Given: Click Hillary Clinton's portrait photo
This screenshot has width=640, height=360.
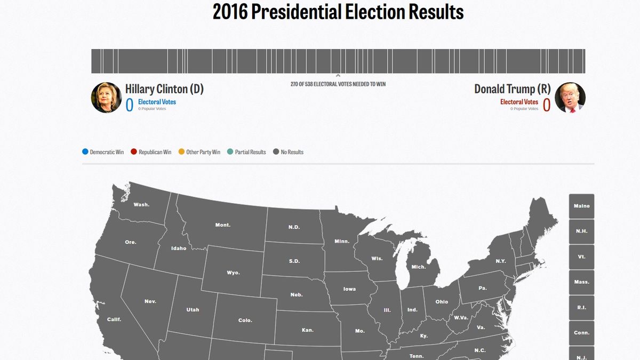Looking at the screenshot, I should pyautogui.click(x=107, y=98).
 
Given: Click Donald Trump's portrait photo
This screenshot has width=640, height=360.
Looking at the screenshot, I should pyautogui.click(x=570, y=98).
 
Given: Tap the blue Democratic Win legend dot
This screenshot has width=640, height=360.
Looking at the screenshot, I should pyautogui.click(x=85, y=152).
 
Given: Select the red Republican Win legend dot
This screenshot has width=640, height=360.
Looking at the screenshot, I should pyautogui.click(x=134, y=152).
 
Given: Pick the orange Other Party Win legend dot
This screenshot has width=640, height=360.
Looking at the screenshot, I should pyautogui.click(x=181, y=152).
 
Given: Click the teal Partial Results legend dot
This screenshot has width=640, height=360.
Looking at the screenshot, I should pyautogui.click(x=230, y=152).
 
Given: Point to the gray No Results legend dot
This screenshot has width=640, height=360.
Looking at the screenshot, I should pyautogui.click(x=276, y=152).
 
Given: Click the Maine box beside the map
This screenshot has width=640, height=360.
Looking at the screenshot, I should pyautogui.click(x=581, y=206).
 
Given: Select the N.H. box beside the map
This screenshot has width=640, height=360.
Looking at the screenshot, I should pyautogui.click(x=581, y=231).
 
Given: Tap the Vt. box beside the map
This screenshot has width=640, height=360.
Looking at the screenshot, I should pyautogui.click(x=581, y=257).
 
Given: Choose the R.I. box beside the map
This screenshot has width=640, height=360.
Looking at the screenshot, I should pyautogui.click(x=581, y=307).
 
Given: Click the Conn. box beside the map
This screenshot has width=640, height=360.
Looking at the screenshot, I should pyautogui.click(x=581, y=333).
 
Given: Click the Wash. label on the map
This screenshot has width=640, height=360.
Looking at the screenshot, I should pyautogui.click(x=141, y=204).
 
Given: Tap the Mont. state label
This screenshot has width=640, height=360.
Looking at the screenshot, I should pyautogui.click(x=223, y=225).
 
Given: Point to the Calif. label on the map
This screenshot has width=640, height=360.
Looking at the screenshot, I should pyautogui.click(x=114, y=319).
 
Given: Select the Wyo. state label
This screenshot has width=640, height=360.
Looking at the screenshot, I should pyautogui.click(x=233, y=273).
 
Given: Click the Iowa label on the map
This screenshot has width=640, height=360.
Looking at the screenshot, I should pyautogui.click(x=349, y=289).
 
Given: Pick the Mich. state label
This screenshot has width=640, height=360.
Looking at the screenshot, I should pyautogui.click(x=419, y=267).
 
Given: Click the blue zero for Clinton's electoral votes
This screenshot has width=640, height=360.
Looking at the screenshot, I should pyautogui.click(x=130, y=105).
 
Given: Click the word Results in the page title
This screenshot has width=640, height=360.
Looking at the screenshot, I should pyautogui.click(x=430, y=12).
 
